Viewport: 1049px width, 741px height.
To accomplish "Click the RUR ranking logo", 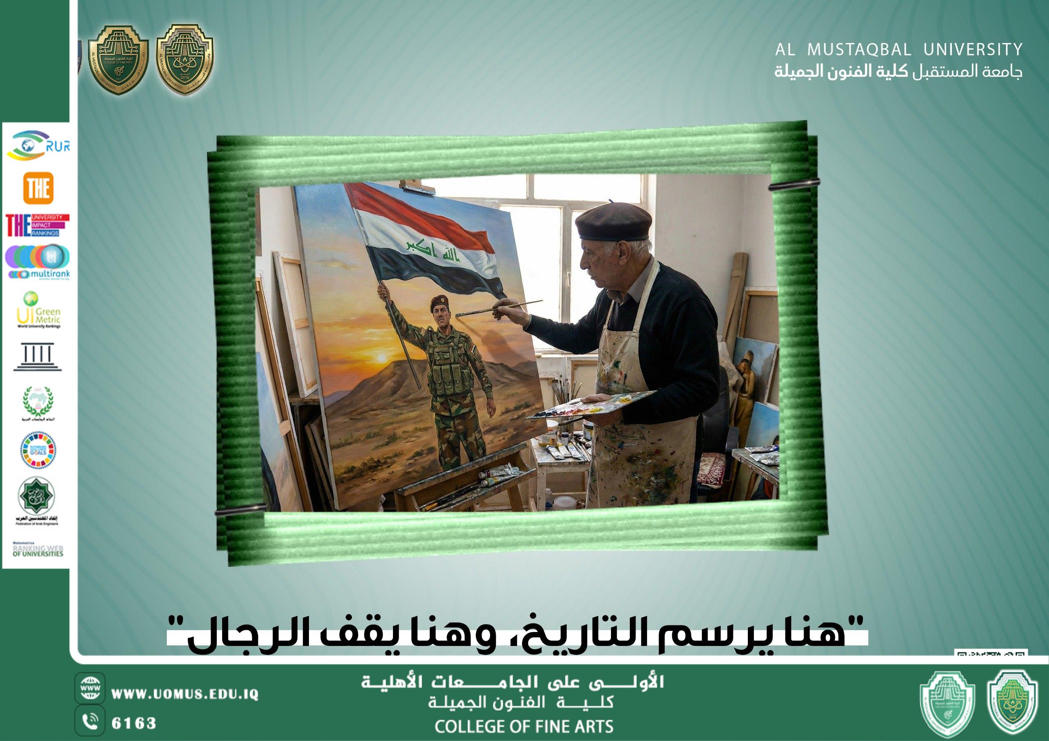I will [38, 146].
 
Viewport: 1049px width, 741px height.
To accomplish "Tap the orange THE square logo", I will [38, 188].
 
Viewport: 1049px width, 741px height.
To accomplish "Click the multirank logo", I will [37, 262].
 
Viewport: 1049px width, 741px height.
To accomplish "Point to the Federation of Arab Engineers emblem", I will [36, 501].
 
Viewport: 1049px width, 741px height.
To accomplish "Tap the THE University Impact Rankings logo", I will [37, 225].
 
